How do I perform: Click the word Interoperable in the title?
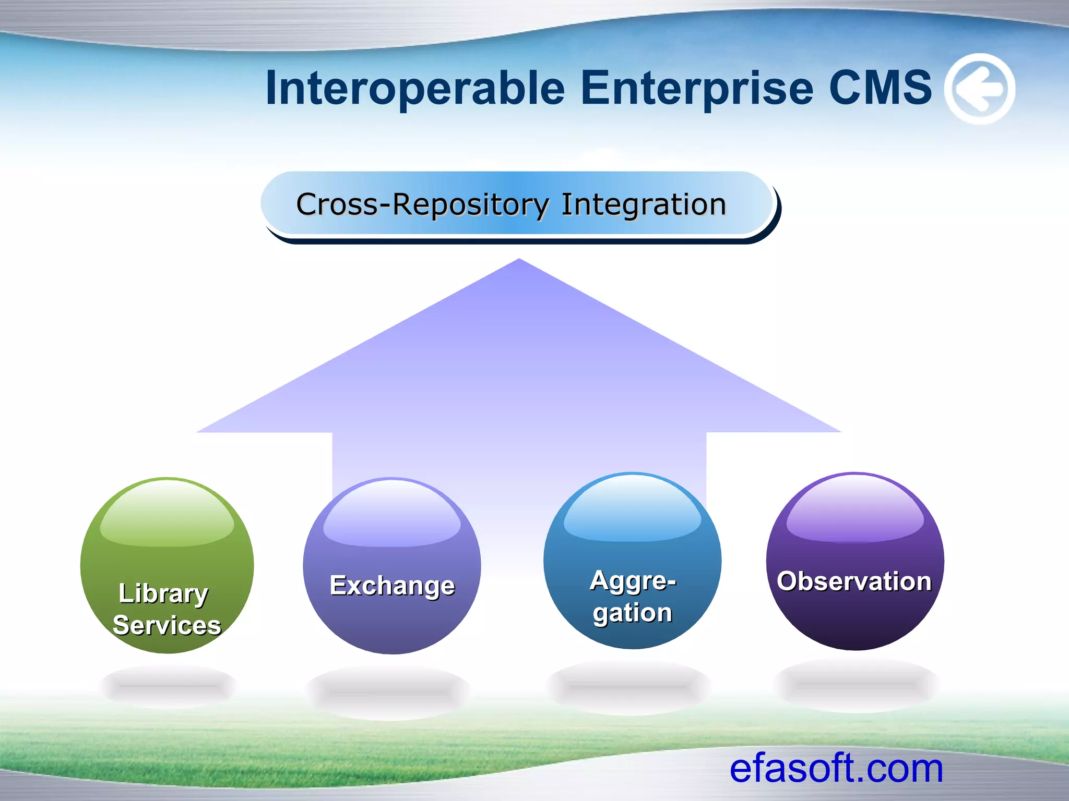coord(415,89)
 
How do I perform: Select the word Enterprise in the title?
coord(697,89)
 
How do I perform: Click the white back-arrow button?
coord(980,89)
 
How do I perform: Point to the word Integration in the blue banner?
coord(644,204)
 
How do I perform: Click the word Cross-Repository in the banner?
coord(423,204)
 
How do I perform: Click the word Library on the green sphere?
coord(163,594)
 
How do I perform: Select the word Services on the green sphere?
coord(167,625)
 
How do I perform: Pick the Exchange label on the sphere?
coord(393,586)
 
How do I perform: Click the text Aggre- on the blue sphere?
coord(633,581)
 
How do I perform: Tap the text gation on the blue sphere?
coord(633,613)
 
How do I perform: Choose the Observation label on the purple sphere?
coord(854,581)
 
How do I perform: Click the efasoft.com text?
coord(836,769)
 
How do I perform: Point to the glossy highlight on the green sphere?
coord(167,514)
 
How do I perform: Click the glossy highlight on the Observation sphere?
coord(855,508)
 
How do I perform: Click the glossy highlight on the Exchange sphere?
coord(392,514)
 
